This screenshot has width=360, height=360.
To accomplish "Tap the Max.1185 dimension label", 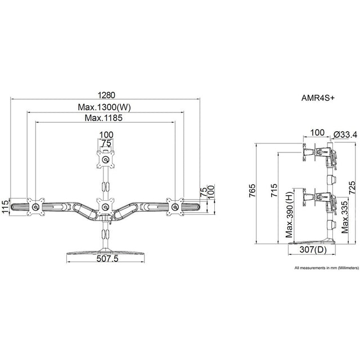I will (x=103, y=118).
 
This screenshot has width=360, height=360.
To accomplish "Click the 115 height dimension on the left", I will (x=5, y=206).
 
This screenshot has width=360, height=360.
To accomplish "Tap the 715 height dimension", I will (x=273, y=195).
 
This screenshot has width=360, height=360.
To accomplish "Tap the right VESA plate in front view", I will (x=175, y=206).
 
